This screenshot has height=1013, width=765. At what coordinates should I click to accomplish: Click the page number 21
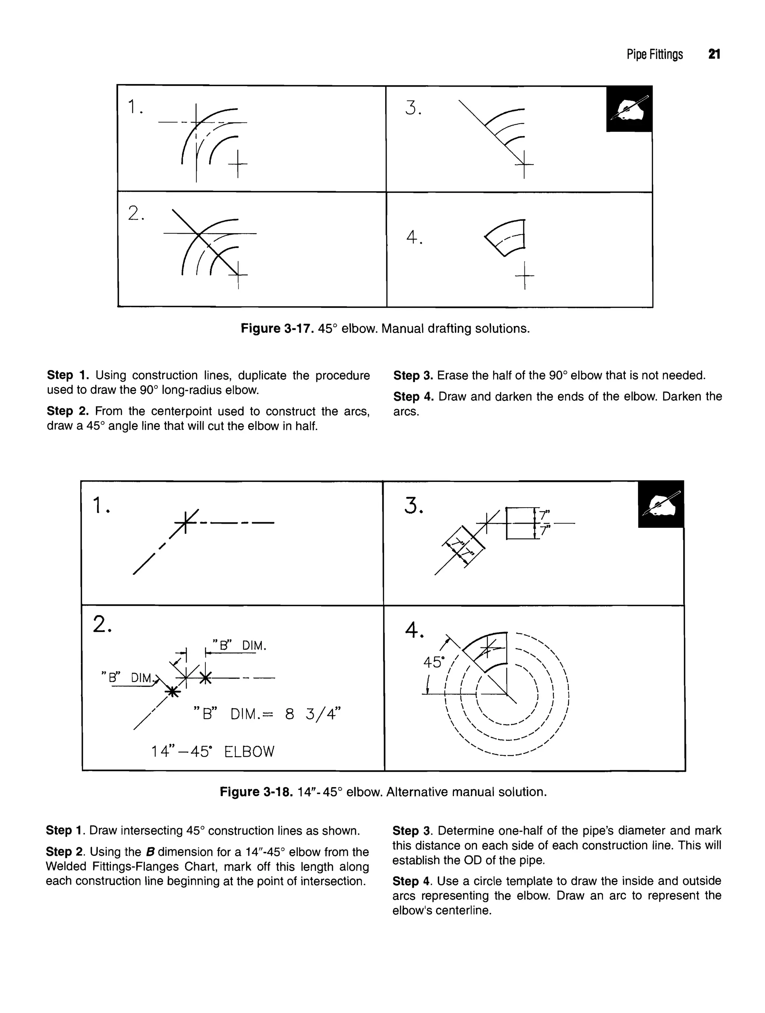(714, 54)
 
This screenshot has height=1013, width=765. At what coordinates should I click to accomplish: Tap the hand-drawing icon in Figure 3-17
(629, 109)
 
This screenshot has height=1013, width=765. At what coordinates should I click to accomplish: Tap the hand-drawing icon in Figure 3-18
(661, 504)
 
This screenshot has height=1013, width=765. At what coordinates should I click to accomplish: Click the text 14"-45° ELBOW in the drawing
(213, 751)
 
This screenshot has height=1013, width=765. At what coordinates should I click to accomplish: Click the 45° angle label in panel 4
(434, 662)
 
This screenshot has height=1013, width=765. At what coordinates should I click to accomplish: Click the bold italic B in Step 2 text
(149, 852)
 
